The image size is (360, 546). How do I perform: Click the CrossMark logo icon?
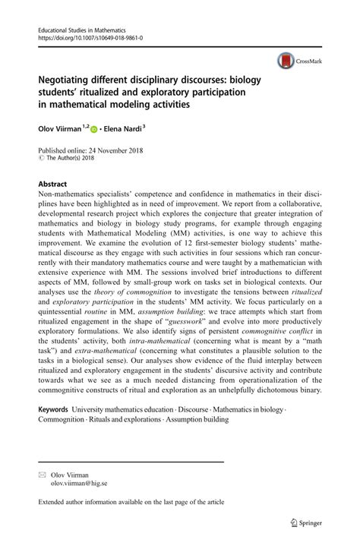[x=287, y=59]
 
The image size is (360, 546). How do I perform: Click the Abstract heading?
[x=52, y=185]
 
